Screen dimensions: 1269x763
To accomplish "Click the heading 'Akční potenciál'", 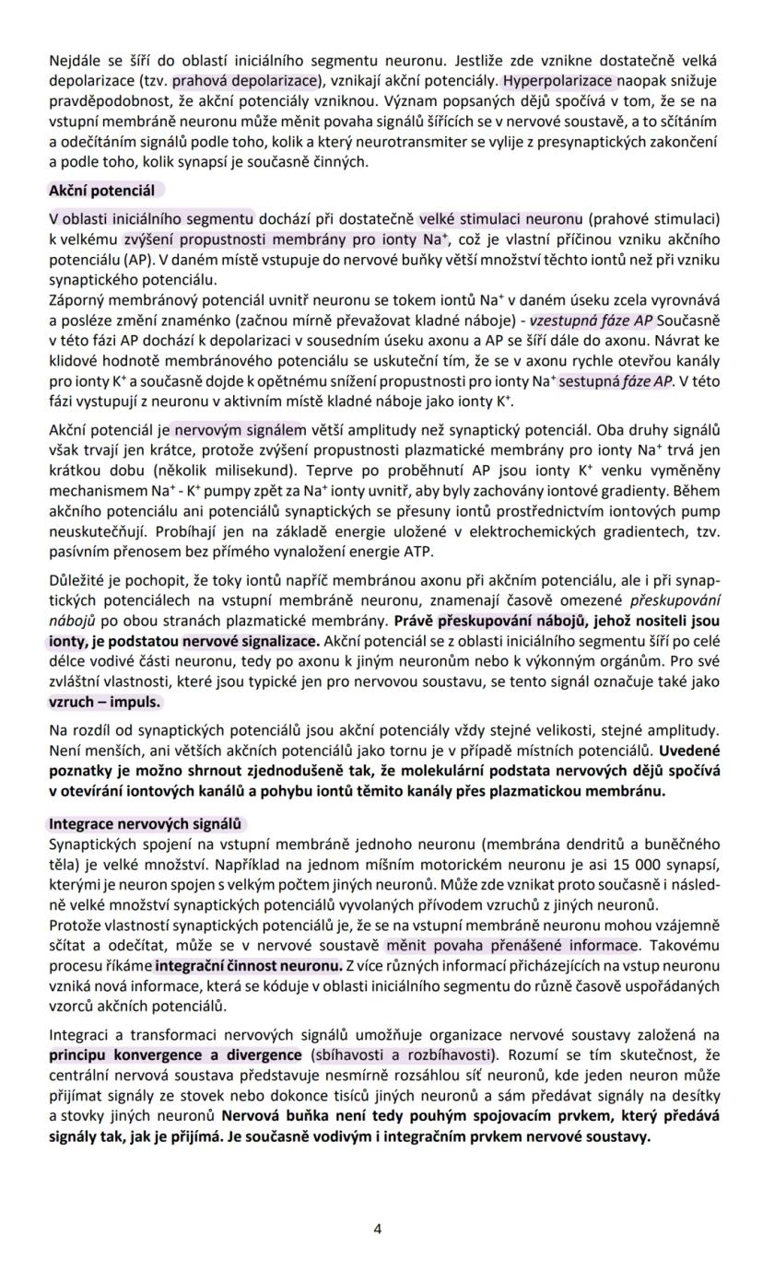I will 102,191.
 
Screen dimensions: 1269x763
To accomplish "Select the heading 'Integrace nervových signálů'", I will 145,824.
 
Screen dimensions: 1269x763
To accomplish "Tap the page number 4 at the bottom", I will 378,1228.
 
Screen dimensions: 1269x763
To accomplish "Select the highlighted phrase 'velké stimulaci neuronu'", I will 501,219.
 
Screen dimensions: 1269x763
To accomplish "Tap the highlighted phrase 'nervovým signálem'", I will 238,430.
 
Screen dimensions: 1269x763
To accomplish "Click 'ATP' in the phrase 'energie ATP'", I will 418,552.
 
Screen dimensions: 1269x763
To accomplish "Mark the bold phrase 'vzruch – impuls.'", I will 105,702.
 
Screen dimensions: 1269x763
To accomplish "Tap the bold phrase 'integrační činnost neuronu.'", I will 248,966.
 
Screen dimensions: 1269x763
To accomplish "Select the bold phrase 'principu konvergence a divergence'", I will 175,1055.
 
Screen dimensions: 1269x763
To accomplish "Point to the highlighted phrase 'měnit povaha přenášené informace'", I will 512,946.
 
